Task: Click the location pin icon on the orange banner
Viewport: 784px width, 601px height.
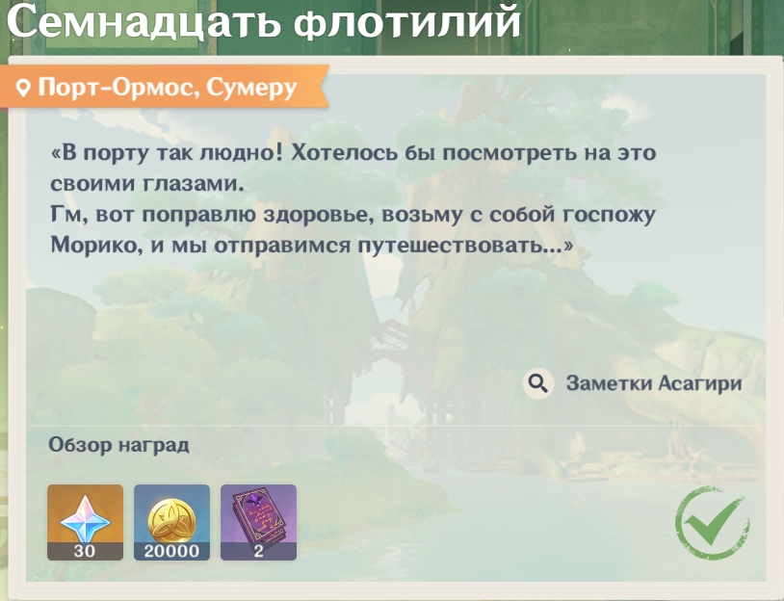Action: click(x=23, y=89)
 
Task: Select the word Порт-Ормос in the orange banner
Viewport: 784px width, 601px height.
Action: click(x=114, y=88)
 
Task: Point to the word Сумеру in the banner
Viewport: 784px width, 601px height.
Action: click(x=252, y=89)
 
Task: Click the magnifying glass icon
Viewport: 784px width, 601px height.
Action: click(x=538, y=383)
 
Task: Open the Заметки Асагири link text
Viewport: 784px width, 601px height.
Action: click(x=654, y=383)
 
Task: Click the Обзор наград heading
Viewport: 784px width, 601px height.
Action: click(x=118, y=445)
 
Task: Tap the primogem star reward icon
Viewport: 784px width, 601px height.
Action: click(x=85, y=519)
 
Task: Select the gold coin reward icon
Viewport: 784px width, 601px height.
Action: click(x=171, y=519)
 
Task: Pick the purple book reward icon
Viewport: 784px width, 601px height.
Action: click(x=258, y=519)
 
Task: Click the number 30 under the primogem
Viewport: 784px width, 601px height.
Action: click(x=85, y=551)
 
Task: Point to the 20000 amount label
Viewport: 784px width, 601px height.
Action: click(x=171, y=551)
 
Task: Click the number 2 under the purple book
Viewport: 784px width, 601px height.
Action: click(x=258, y=551)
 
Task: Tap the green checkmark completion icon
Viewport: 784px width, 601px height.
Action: click(x=712, y=522)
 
